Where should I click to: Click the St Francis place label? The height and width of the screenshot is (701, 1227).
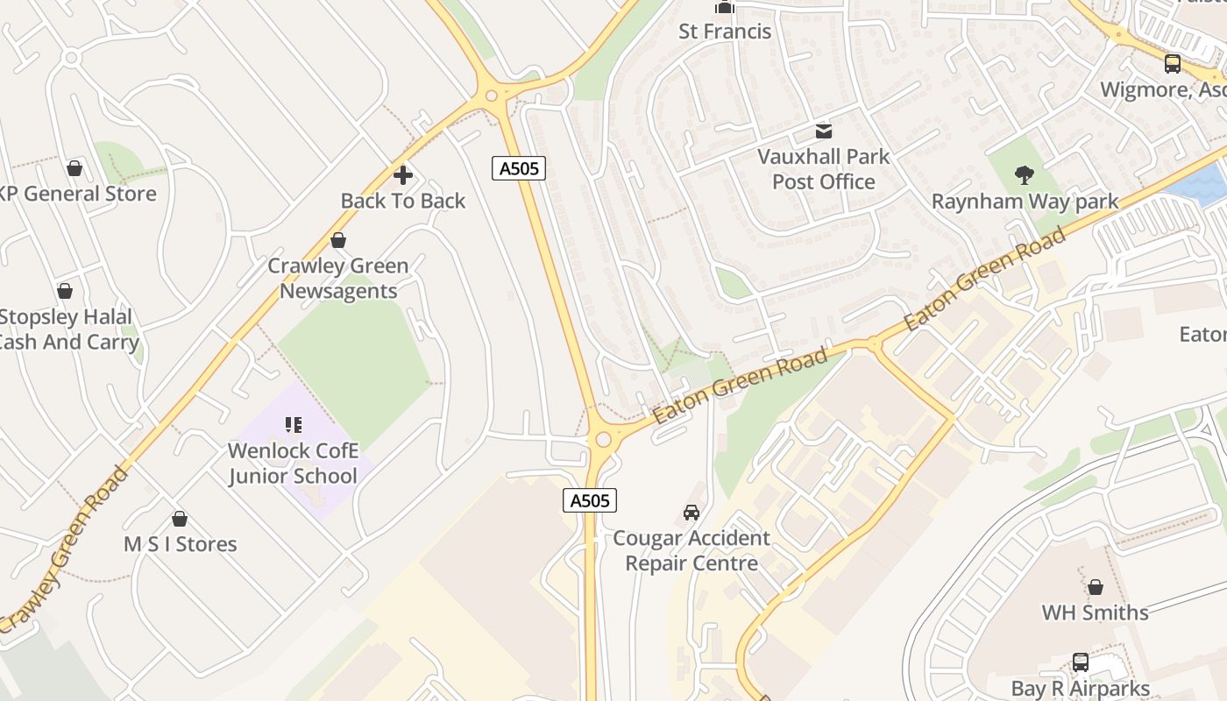[725, 32]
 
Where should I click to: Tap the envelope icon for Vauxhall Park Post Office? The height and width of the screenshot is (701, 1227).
[824, 131]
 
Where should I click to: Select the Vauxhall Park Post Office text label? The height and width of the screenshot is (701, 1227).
[823, 169]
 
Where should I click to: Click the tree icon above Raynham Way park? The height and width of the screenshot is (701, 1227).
[1024, 175]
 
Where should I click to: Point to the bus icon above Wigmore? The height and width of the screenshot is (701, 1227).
[1172, 63]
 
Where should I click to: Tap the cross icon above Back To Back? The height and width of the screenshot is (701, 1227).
[403, 175]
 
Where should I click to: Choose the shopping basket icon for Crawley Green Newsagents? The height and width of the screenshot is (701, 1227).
[338, 240]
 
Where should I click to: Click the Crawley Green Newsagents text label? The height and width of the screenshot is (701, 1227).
[338, 278]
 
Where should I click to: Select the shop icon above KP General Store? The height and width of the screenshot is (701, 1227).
[74, 167]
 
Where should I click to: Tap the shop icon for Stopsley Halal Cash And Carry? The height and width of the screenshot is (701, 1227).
[65, 291]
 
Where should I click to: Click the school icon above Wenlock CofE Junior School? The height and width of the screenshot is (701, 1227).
[293, 425]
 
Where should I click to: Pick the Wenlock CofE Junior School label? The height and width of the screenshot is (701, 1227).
[293, 464]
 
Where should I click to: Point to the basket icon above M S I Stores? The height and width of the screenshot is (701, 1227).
[180, 519]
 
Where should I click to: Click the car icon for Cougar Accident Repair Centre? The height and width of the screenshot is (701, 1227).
[692, 512]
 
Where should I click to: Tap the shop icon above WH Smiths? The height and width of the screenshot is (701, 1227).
[1095, 586]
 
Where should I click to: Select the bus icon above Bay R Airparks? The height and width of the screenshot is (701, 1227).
[1081, 662]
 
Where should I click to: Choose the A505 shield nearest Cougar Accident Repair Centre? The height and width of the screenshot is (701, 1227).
[589, 500]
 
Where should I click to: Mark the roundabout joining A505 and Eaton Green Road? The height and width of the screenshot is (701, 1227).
[602, 439]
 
